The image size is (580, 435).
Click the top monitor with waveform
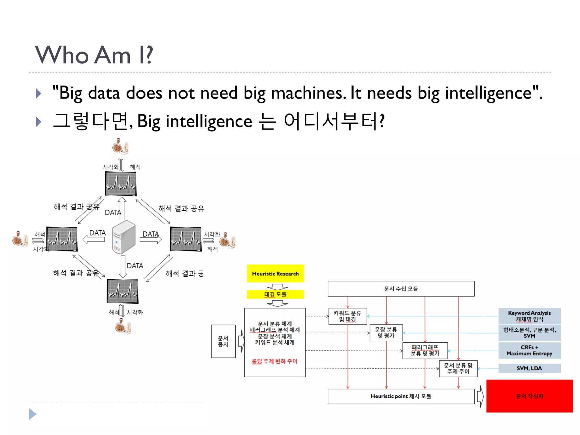(x=121, y=184)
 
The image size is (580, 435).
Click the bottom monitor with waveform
(x=122, y=291)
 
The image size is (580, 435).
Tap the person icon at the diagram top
(x=120, y=146)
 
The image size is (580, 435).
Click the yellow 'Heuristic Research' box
(x=275, y=274)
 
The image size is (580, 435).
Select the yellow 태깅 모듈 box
(x=275, y=295)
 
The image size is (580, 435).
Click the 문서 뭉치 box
(x=223, y=341)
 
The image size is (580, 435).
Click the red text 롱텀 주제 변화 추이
(x=274, y=361)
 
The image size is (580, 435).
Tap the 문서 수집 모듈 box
(x=401, y=289)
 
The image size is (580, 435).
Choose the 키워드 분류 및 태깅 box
(x=347, y=316)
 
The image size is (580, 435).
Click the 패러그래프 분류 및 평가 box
(x=425, y=351)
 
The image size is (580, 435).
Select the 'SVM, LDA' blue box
(x=529, y=368)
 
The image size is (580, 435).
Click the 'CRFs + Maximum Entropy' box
(x=529, y=350)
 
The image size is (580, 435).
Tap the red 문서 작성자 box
(x=529, y=396)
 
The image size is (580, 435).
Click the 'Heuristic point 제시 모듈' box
(x=401, y=396)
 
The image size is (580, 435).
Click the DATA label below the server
(x=135, y=266)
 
